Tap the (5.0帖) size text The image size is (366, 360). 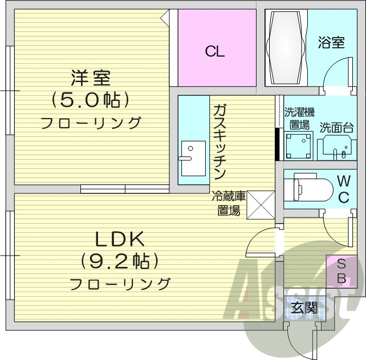tap(91, 100)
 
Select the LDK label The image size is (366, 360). tap(119, 239)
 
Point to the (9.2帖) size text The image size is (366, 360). tap(119, 261)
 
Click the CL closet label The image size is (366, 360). tap(215, 52)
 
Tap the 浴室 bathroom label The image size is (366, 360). tap(331, 43)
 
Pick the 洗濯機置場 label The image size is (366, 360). tap(299, 118)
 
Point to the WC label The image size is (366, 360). tap(343, 189)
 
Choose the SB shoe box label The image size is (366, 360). tap(341, 272)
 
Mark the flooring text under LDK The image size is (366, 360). tap(120, 284)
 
